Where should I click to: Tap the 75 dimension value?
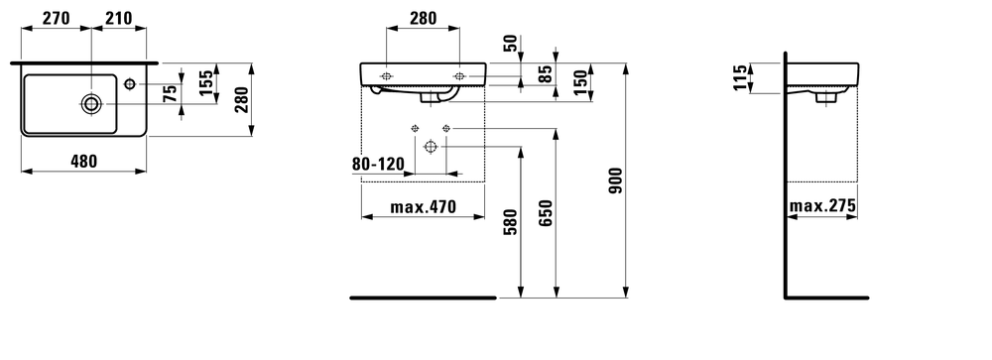(x=170, y=93)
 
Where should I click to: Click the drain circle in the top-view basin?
(x=91, y=102)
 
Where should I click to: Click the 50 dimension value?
(x=509, y=43)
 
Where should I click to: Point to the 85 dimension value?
(x=544, y=74)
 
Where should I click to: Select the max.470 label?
(x=423, y=208)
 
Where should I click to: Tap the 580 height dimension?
(x=510, y=220)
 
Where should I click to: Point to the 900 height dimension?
(x=614, y=179)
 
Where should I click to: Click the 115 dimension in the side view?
(x=739, y=77)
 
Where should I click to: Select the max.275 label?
(x=822, y=207)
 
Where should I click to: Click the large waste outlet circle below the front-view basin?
(x=431, y=147)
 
